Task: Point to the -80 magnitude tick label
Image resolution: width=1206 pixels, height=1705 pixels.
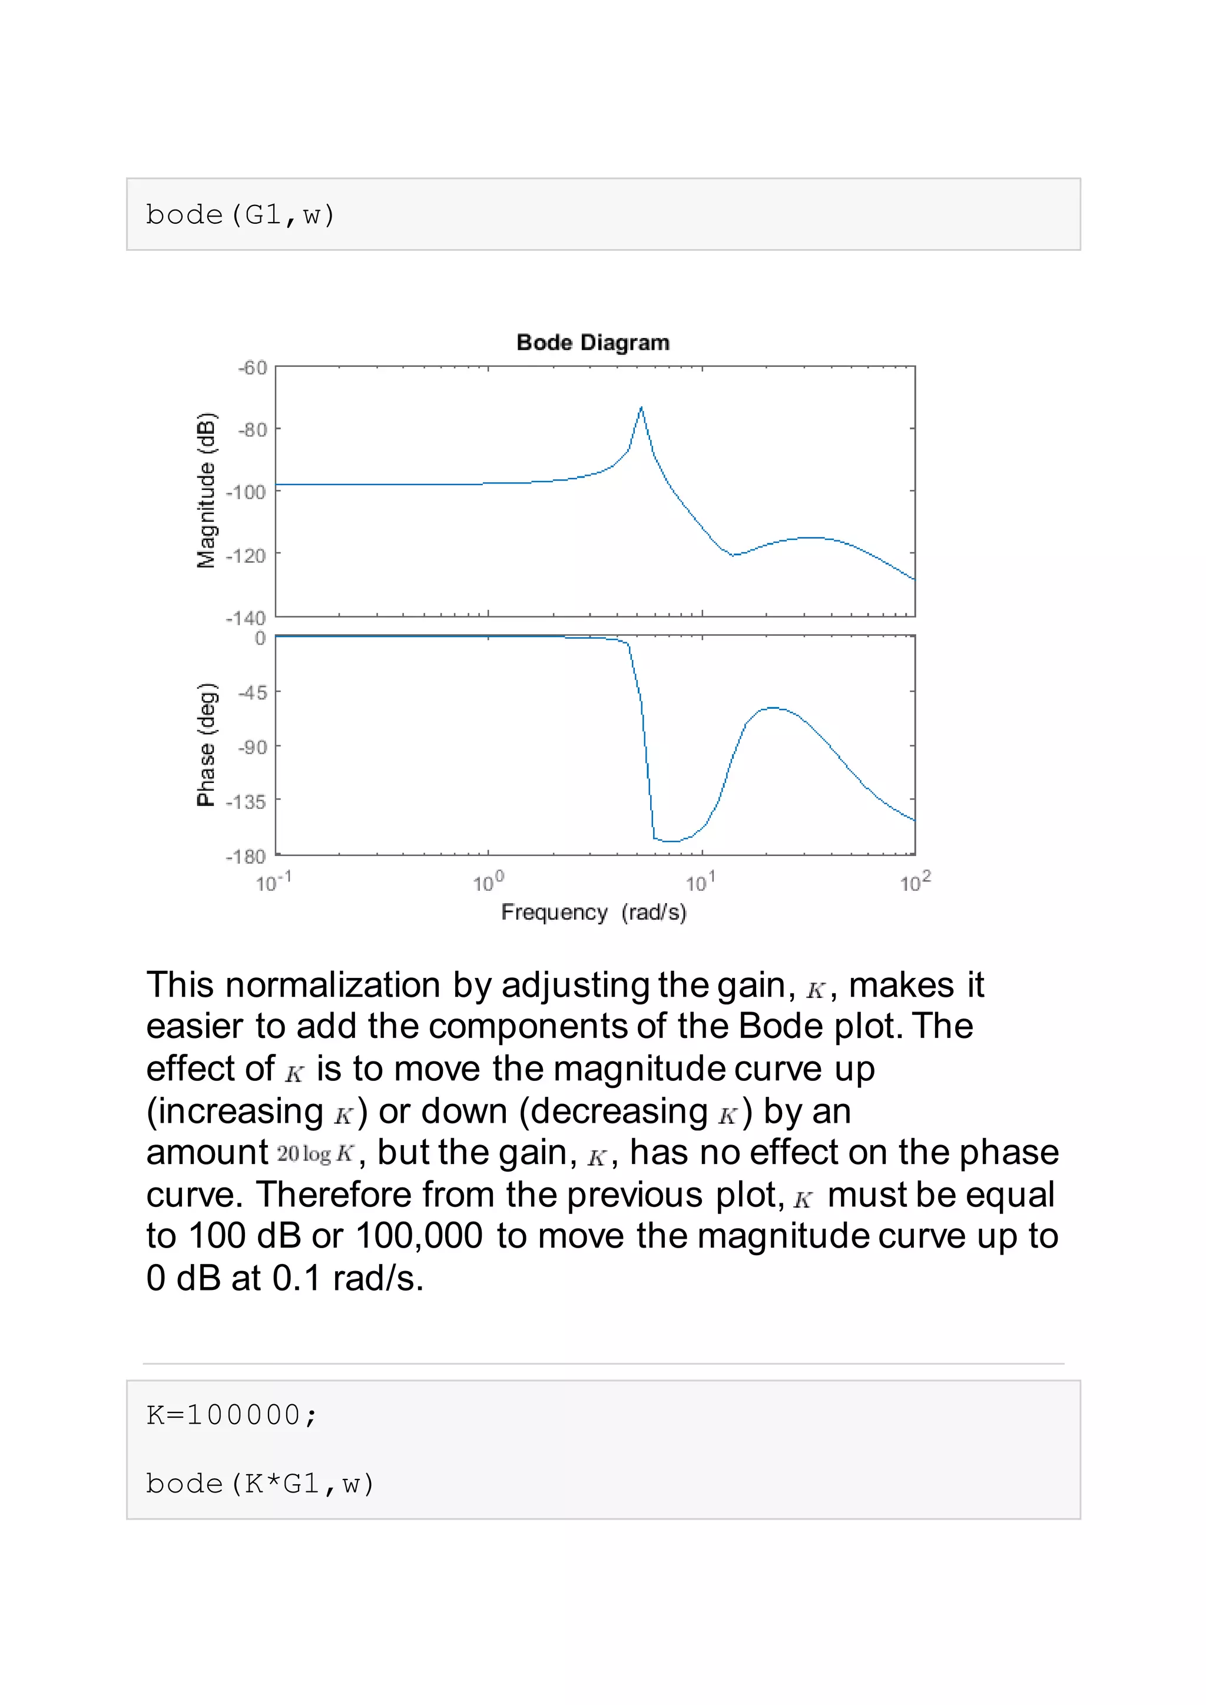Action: click(x=253, y=429)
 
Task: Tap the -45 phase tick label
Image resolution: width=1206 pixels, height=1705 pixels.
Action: click(x=253, y=693)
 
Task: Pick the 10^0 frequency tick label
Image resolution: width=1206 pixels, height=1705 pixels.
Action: click(x=488, y=882)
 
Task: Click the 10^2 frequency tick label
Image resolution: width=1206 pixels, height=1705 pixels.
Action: click(x=915, y=882)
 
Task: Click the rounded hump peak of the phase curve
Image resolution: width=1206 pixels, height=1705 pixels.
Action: click(x=773, y=708)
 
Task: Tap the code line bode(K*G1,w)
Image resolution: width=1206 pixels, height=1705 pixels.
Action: click(x=260, y=1484)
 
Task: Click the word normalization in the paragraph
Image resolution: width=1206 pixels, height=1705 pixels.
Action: click(x=333, y=986)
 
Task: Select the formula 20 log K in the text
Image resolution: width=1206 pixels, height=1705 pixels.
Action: click(x=316, y=1154)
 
